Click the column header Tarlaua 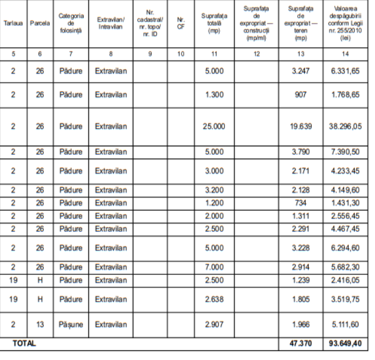pos(13,23)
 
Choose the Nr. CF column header pos(181,23)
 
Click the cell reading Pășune pos(71,324)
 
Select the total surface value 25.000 pos(215,126)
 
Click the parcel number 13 pos(40,324)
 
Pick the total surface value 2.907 pos(215,324)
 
